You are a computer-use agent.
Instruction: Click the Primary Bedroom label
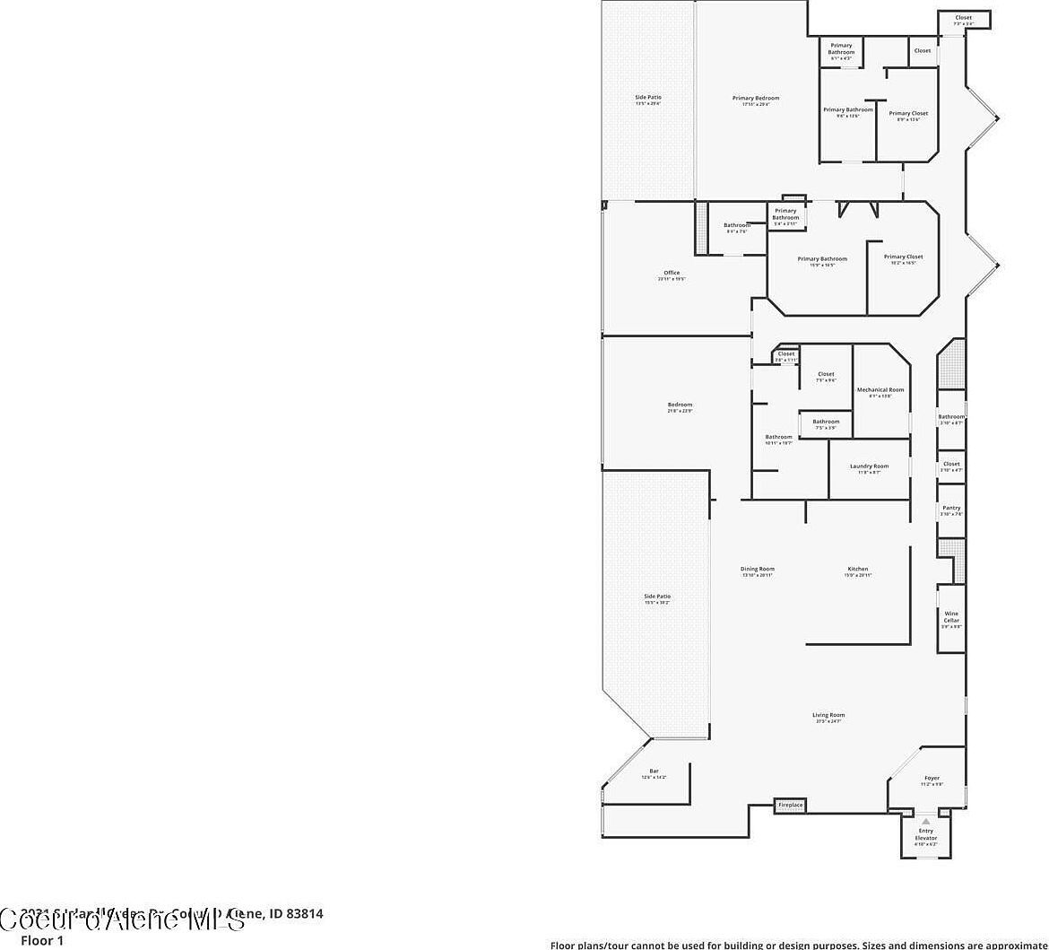pos(755,99)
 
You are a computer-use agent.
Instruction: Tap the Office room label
pos(672,273)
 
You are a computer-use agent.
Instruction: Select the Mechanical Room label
pos(880,390)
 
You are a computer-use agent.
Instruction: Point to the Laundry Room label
pos(869,466)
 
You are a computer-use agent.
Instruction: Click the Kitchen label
pos(857,569)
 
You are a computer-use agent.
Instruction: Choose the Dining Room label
pos(757,569)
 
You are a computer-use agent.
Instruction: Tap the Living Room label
pos(828,715)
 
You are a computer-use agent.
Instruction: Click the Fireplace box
pos(790,806)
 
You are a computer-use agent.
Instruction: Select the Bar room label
pos(654,771)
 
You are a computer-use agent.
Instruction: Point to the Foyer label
pos(932,779)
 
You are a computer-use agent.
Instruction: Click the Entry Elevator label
pos(925,834)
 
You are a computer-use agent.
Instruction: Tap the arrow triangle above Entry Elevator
pos(925,821)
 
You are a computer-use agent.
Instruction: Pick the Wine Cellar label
pos(951,617)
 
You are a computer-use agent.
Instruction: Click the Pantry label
pos(951,508)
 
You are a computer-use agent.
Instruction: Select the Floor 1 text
pos(42,941)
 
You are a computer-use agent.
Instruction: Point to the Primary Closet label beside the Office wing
pos(903,257)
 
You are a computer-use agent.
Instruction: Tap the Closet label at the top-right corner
pos(963,18)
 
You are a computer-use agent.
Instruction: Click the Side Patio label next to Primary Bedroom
pos(647,98)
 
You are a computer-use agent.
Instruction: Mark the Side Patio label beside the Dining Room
pos(656,597)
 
